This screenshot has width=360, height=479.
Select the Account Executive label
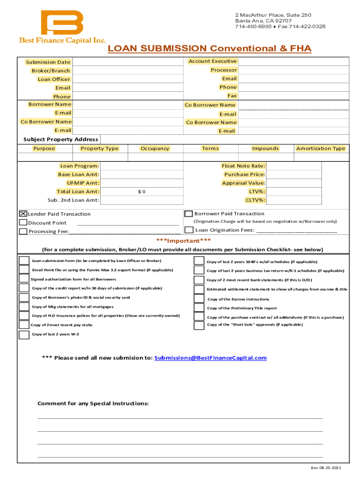(x=212, y=61)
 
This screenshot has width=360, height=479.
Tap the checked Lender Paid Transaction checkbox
(x=23, y=213)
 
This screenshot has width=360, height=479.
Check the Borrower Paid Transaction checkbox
(x=189, y=214)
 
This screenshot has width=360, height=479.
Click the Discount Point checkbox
(x=23, y=222)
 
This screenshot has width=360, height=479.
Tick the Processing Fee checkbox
(x=23, y=231)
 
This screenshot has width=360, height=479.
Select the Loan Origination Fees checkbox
(x=189, y=230)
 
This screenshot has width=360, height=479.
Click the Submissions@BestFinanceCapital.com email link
(x=210, y=358)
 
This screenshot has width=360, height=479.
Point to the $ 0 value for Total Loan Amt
(x=141, y=192)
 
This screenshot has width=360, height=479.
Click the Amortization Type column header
(x=320, y=148)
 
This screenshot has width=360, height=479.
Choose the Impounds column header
(x=265, y=148)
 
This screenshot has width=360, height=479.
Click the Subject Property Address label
(x=61, y=139)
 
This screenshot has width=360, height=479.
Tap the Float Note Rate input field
(x=294, y=166)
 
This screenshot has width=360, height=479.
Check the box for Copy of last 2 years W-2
(x=24, y=334)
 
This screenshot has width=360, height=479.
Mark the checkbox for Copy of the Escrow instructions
(x=199, y=299)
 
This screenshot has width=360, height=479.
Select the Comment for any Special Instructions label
(x=93, y=403)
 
